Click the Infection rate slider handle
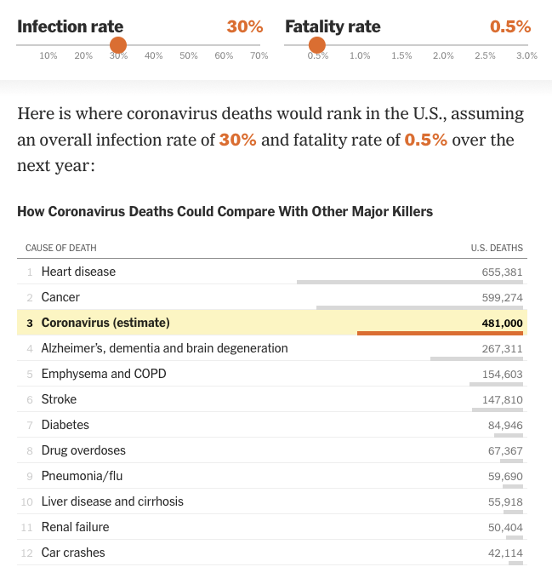coord(118,45)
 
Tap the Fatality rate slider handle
coord(317,45)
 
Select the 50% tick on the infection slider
coord(189,56)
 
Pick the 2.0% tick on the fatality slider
coord(443,56)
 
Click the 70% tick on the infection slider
coord(259,56)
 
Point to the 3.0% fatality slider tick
coord(526,56)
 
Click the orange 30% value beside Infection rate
coord(245,26)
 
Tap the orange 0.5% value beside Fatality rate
coord(510,26)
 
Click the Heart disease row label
coord(78,272)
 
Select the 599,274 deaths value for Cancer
coord(502,298)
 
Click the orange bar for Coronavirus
coord(440,333)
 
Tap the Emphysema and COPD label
coord(104,374)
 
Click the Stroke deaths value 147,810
coord(502,400)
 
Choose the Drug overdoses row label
coord(83,450)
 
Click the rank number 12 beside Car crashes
coord(28,553)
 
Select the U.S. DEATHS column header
coord(497,249)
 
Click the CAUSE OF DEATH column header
coord(61,249)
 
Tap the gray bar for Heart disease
coord(410,282)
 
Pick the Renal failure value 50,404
coord(505,528)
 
